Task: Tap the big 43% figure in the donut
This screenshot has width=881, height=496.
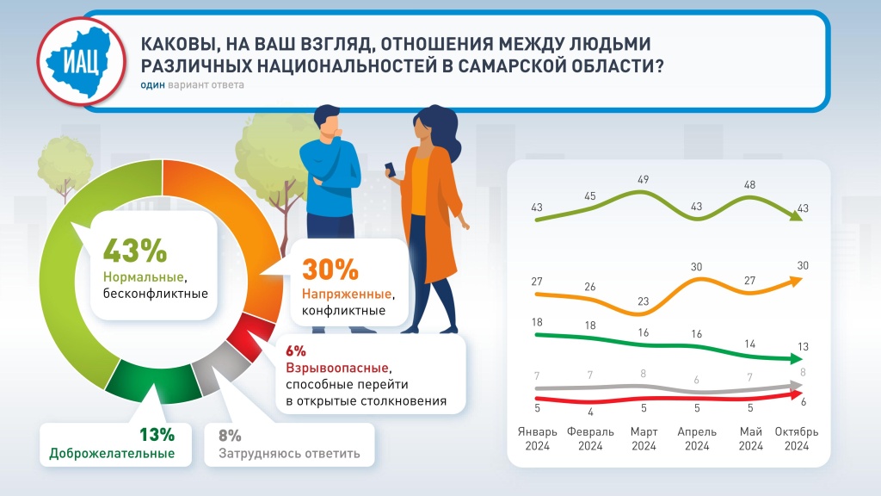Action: (134, 251)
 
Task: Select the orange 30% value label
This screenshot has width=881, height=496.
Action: (330, 270)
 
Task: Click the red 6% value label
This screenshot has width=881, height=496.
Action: (295, 351)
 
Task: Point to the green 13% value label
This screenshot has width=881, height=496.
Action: (157, 434)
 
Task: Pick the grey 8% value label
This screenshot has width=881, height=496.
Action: (230, 436)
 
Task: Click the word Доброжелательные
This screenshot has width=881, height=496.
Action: (112, 454)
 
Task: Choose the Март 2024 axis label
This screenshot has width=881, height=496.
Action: (644, 438)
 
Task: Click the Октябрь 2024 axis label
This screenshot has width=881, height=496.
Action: (797, 438)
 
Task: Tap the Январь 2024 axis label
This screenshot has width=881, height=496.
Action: (538, 438)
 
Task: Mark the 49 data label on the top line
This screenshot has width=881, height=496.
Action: (643, 179)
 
